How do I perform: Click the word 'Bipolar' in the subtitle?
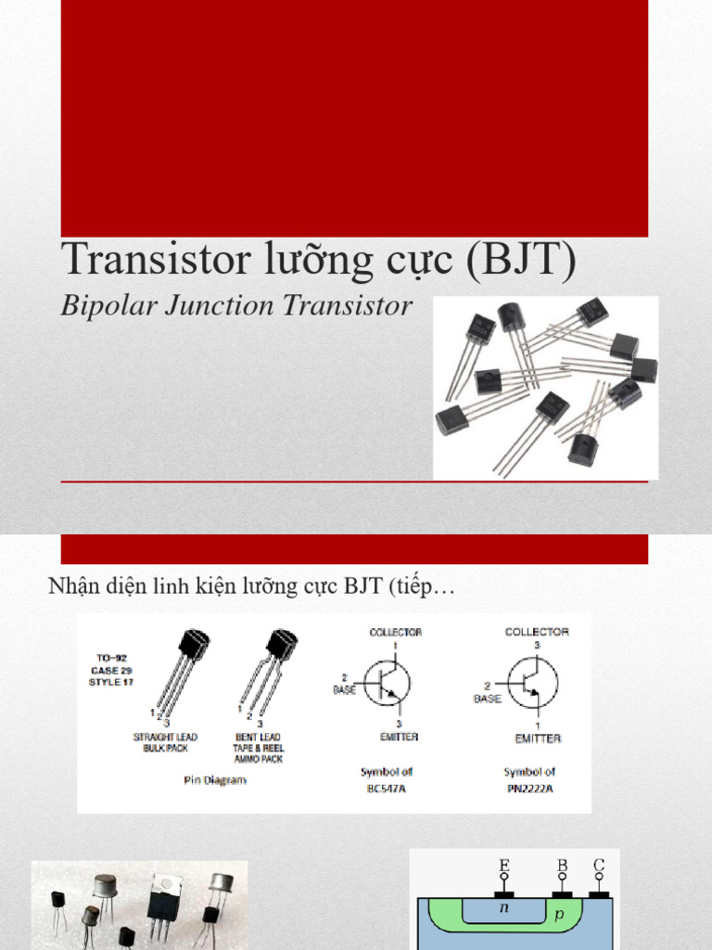pos(96,306)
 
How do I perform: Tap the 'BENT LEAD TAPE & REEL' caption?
pos(259,742)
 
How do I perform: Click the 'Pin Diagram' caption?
pos(214,780)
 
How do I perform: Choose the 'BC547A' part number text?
pos(385,789)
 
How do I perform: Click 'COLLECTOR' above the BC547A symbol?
pos(396,632)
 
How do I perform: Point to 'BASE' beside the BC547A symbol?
pos(345,690)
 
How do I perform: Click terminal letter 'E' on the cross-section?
pos(504,867)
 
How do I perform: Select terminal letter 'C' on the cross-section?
pos(599,867)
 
